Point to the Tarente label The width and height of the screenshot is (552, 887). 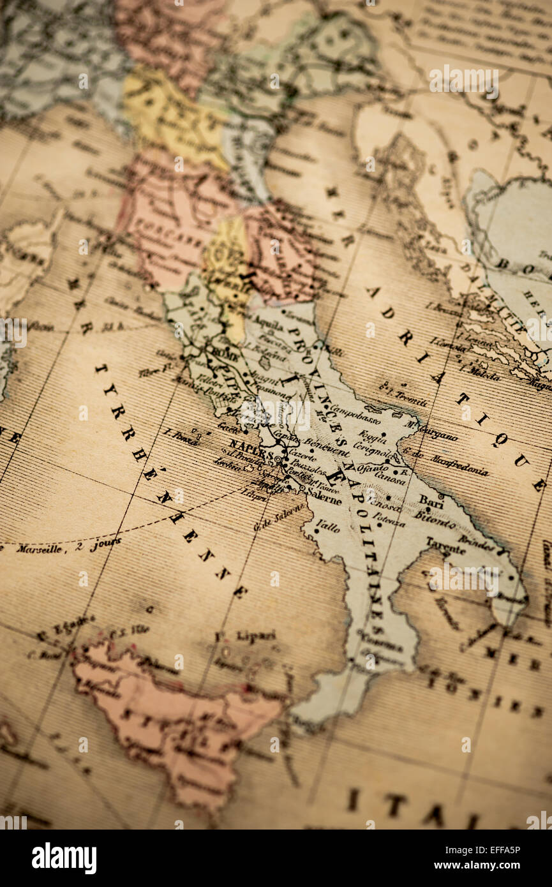tap(445, 547)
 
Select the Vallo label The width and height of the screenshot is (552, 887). tap(328, 526)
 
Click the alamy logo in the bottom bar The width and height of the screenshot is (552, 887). tap(64, 858)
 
